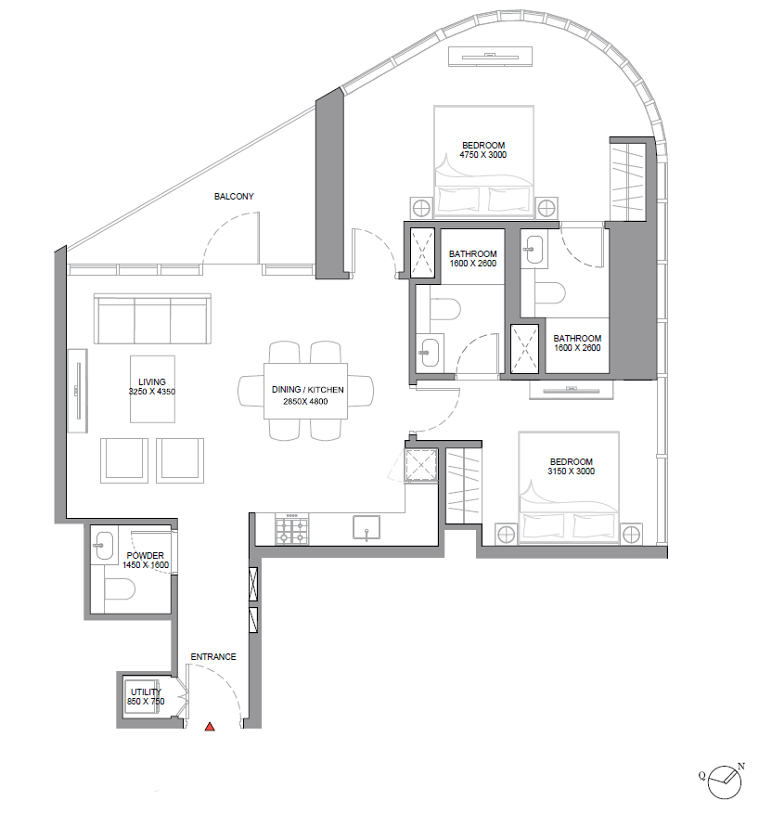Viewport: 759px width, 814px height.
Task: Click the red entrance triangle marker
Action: (x=210, y=727)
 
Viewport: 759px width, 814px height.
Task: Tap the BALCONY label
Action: (x=234, y=196)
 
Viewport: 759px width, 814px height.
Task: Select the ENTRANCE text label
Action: (x=213, y=657)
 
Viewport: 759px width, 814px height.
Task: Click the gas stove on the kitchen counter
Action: (x=292, y=529)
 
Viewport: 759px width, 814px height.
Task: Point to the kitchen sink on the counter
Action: (x=367, y=528)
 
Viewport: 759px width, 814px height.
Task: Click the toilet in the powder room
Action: (x=120, y=589)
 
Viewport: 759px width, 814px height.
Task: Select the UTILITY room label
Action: (x=146, y=692)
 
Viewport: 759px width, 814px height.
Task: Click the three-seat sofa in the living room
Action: (x=152, y=318)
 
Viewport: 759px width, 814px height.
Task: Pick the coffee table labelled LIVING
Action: (x=152, y=389)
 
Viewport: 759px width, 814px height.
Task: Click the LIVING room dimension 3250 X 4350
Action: (x=152, y=392)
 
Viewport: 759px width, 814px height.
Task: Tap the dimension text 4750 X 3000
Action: (x=483, y=155)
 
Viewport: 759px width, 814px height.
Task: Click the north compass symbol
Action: (x=725, y=782)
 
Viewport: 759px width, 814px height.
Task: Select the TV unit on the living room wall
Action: (x=78, y=391)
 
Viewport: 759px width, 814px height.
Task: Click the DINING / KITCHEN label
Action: (x=308, y=389)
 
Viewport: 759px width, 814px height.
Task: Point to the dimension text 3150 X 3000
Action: (x=572, y=471)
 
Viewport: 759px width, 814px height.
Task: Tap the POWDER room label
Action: (x=146, y=555)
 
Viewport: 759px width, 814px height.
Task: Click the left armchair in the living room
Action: (x=124, y=460)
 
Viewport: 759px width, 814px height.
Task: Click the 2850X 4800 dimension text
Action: (x=305, y=401)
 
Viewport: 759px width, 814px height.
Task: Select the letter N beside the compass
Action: (x=741, y=767)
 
